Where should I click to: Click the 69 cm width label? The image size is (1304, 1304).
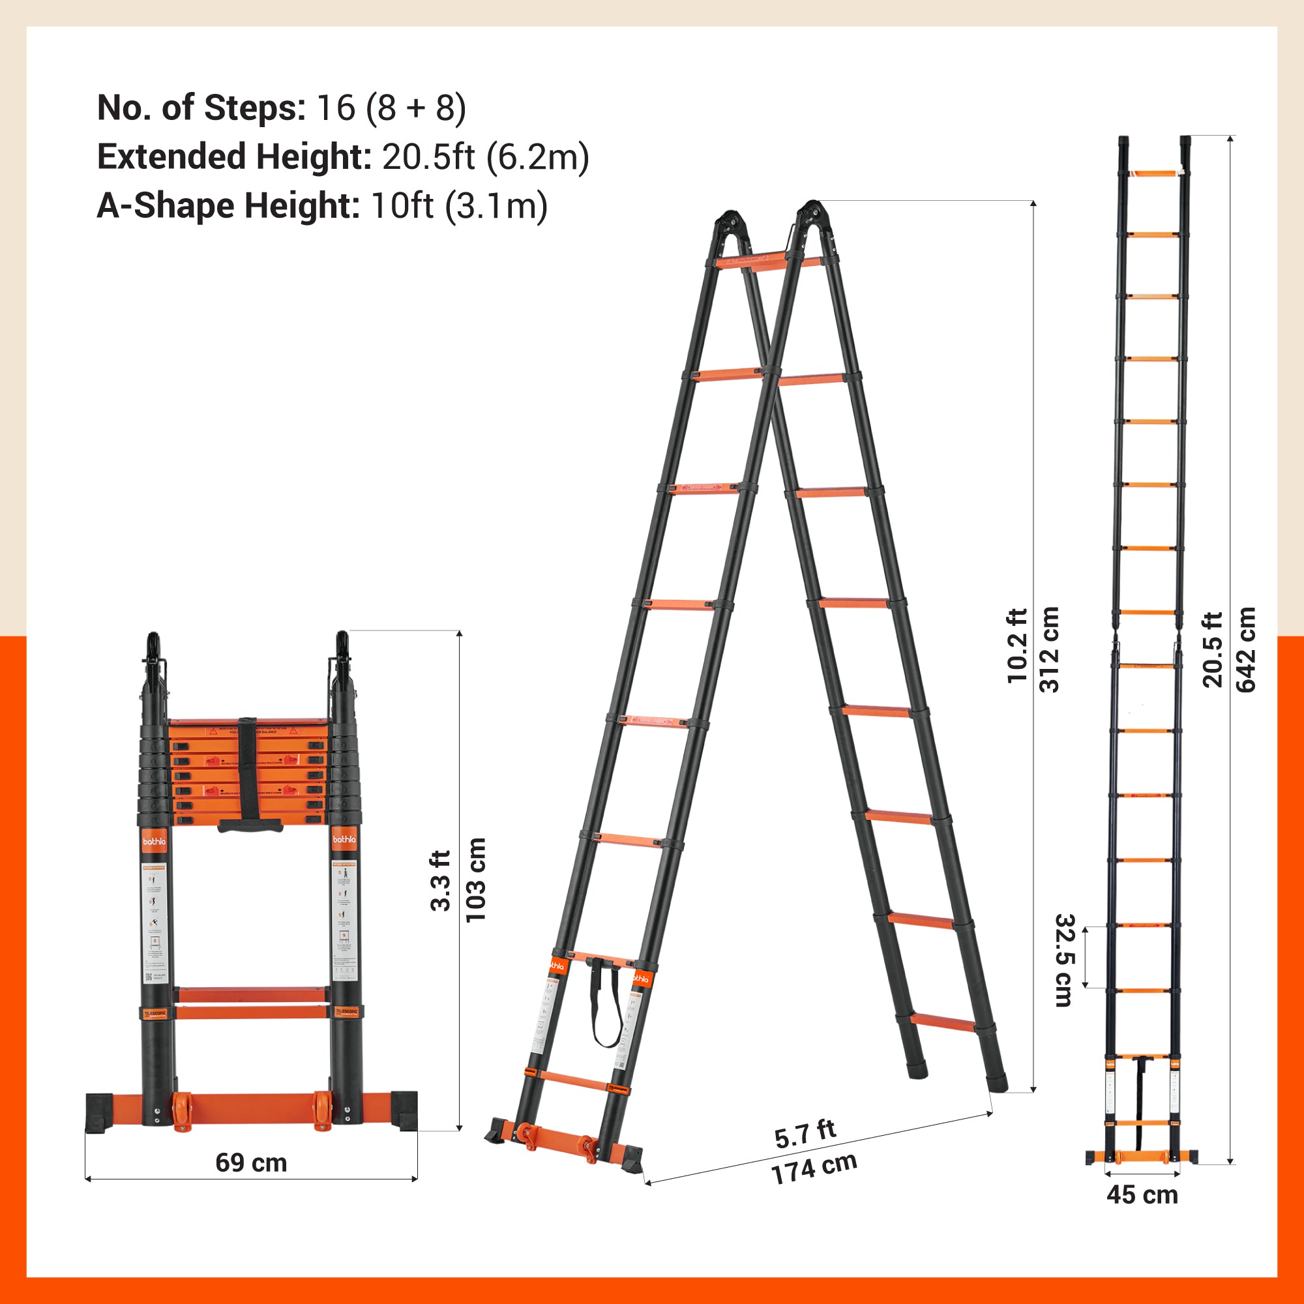click(x=251, y=1163)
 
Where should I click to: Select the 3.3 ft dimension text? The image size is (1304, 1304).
click(x=441, y=880)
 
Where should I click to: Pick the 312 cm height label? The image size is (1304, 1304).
click(x=1050, y=649)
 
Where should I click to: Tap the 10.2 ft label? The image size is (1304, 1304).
click(x=1016, y=646)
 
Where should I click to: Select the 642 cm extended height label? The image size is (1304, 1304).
click(x=1245, y=649)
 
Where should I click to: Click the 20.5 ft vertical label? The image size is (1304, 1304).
click(x=1213, y=649)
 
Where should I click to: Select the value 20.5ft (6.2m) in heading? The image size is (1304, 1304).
click(x=485, y=156)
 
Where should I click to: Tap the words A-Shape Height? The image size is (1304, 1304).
click(x=228, y=205)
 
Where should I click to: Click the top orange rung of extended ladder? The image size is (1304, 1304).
click(x=1151, y=174)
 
